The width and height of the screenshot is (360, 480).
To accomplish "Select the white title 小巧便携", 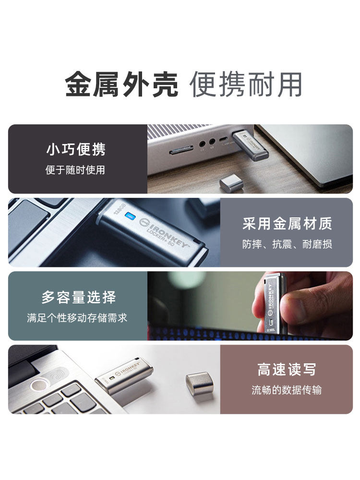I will point(76,149).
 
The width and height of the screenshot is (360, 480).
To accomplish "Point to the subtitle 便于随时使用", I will point(75,170).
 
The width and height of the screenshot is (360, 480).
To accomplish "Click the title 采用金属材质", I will point(287,223).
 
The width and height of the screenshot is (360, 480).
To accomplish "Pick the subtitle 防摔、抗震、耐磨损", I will point(287,244).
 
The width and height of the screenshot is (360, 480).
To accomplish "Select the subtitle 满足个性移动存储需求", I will point(77,318).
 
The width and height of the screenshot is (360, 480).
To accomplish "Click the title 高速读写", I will point(287,370).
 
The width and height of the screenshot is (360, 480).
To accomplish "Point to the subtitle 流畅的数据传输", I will point(287,390).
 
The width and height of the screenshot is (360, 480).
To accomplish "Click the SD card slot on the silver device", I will point(180,151).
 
